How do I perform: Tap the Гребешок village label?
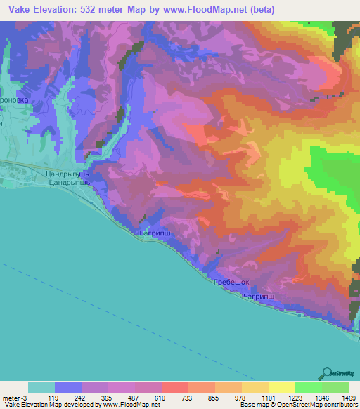231,283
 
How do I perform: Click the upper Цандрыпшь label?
65,173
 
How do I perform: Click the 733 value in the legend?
175,397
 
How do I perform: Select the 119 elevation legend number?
52,397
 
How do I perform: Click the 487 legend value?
121,397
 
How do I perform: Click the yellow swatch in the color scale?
281,387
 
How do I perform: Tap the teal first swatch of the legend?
41,387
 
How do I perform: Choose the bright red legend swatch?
174,387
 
